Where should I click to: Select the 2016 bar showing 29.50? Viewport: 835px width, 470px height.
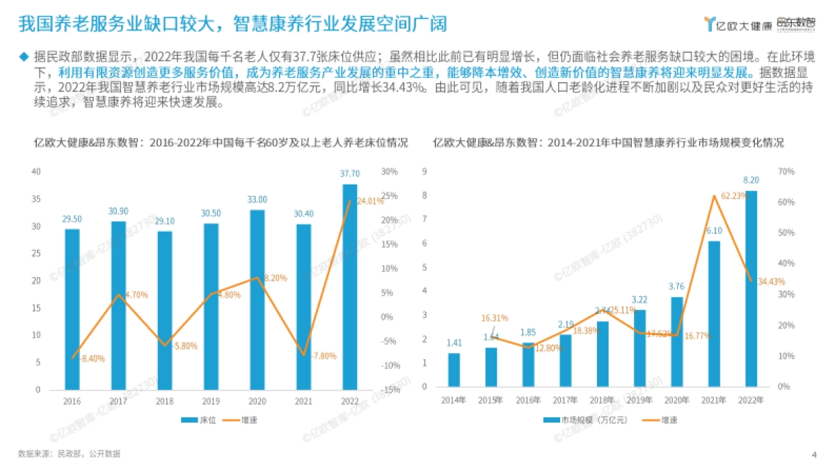pos(72,309)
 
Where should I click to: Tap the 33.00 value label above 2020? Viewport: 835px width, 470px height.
pos(257,199)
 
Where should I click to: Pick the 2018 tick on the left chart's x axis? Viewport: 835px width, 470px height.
pos(165,401)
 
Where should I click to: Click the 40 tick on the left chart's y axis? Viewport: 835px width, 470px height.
pos(36,171)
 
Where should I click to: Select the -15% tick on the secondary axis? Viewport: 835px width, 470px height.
pos(390,390)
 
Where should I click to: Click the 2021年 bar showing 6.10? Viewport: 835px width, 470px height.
pos(714,313)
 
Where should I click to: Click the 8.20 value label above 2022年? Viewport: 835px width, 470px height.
pos(751,179)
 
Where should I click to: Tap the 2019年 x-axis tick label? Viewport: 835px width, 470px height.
pos(639,400)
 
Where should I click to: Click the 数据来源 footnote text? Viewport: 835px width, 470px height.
pos(69,454)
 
